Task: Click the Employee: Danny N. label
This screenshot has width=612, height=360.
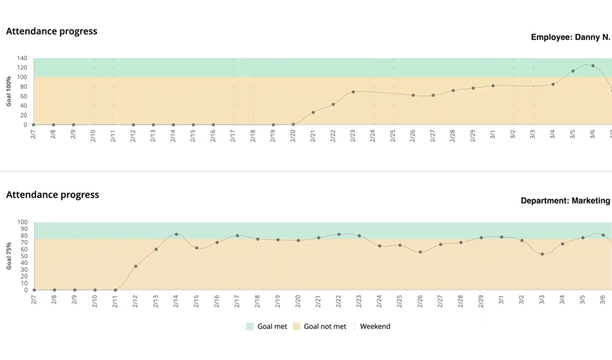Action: point(570,37)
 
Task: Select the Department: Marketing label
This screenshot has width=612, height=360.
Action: point(565,201)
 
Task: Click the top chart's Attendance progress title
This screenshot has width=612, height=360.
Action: point(52,31)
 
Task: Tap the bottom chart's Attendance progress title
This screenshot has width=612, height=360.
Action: point(52,194)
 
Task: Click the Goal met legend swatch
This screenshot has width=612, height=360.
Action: point(250,326)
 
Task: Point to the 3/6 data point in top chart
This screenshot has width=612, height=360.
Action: point(593,66)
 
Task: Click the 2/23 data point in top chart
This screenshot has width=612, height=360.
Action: point(353,92)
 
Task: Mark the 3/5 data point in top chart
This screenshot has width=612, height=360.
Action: point(573,71)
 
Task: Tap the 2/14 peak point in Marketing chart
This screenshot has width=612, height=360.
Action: point(176,235)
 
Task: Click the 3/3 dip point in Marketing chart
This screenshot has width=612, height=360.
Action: point(542,254)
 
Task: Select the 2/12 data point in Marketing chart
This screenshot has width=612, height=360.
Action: point(136,266)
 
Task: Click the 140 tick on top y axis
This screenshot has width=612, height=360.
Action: point(22,58)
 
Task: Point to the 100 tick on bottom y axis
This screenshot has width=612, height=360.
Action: point(22,222)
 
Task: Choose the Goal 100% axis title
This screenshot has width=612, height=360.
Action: point(9,91)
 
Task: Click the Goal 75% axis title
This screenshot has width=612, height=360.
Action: point(9,256)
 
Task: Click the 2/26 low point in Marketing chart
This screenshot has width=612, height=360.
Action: point(420,252)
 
